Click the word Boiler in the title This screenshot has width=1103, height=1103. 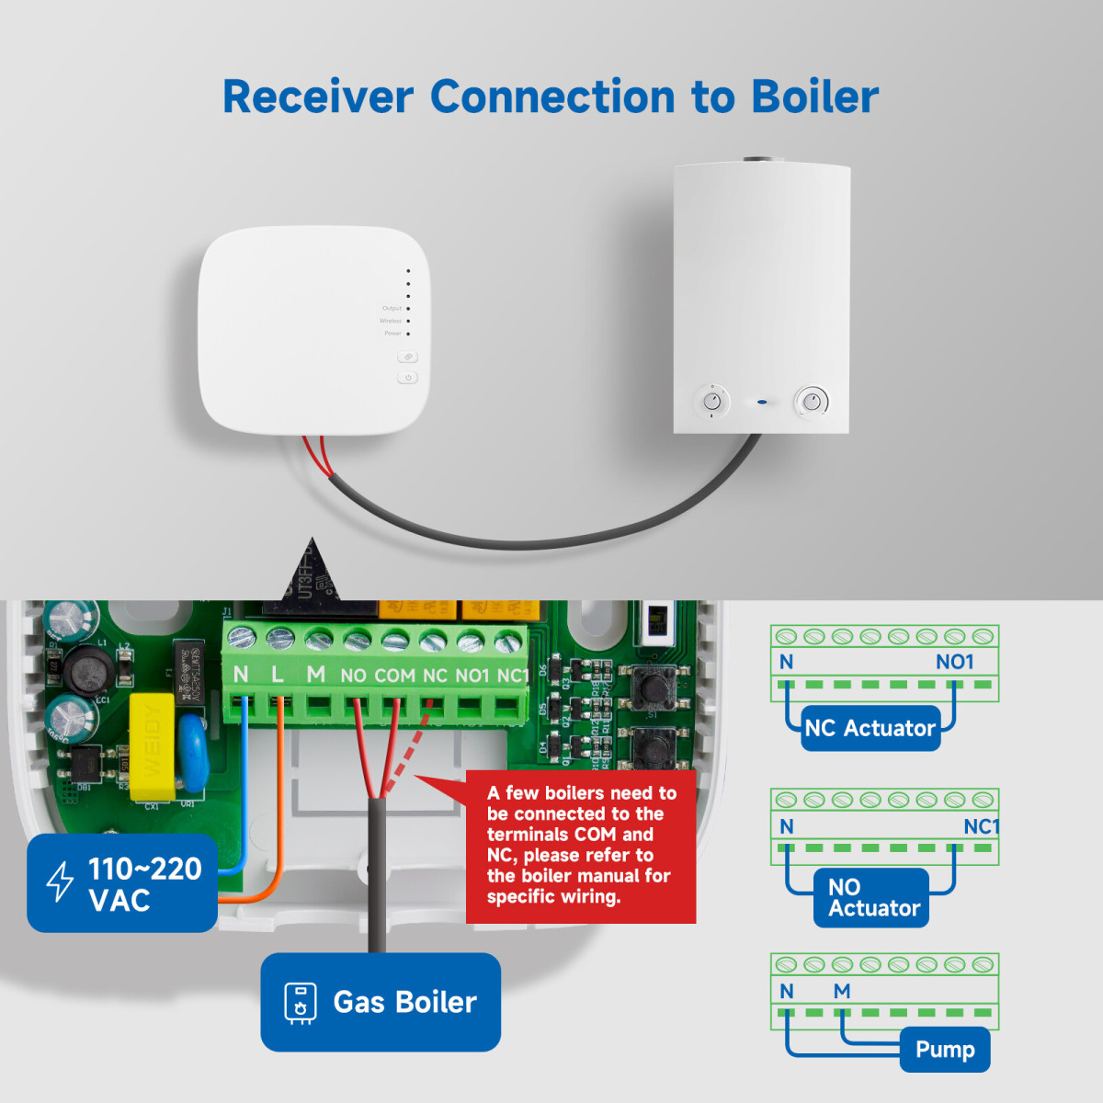coord(814,97)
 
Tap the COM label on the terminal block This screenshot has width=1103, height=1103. coord(394,676)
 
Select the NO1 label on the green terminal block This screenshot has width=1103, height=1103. coord(472,676)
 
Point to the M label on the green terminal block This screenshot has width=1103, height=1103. coord(315,675)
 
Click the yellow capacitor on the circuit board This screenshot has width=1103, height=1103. coord(152,747)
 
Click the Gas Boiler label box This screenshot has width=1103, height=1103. coord(381,1002)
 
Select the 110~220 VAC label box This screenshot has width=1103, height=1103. coord(122,883)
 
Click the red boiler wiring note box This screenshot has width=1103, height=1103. coord(581,845)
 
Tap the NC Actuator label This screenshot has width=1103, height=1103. coord(870,729)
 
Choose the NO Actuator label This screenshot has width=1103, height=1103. coord(871,898)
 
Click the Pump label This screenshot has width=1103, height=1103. coord(945,1050)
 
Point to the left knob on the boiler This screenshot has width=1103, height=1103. coord(712,402)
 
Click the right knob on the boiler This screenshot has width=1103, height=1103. coord(812,402)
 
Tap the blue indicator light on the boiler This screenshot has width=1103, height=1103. coord(762,402)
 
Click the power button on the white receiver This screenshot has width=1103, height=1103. coord(408,378)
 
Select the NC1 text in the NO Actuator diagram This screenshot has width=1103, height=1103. coord(981,826)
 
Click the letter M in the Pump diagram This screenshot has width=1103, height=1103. coord(842,991)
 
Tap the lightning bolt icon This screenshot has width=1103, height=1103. coord(61,881)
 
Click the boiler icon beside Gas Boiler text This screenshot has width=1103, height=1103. coord(300,1002)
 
